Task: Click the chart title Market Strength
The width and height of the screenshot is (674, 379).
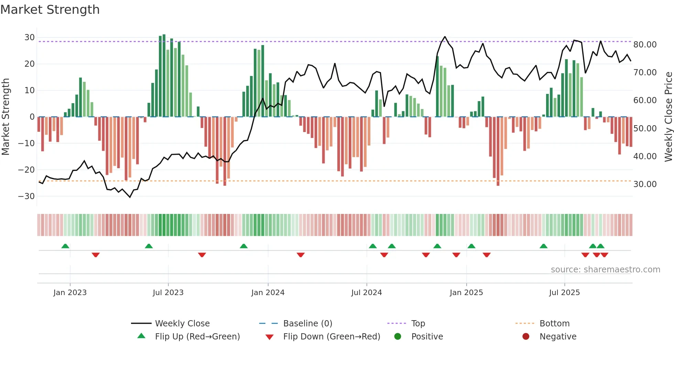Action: coord(50,10)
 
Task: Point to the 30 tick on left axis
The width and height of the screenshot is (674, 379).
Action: coord(30,37)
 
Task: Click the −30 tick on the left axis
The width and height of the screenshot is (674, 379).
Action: coord(26,196)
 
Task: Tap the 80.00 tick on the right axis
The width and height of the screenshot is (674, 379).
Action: coord(645,45)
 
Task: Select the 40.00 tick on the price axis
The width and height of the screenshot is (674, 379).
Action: coord(645,156)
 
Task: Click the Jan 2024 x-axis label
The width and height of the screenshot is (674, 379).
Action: coord(268,293)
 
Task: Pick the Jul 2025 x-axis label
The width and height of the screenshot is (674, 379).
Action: coord(564,293)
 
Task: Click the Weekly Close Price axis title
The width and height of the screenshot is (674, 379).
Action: coord(668,117)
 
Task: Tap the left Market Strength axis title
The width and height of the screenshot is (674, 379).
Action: coord(6,117)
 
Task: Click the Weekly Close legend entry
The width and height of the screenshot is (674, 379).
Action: coord(182,324)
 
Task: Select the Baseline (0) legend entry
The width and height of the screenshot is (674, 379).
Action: coord(307,324)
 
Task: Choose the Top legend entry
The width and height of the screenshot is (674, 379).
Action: coord(418,324)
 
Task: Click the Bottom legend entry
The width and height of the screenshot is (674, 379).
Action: coord(554,324)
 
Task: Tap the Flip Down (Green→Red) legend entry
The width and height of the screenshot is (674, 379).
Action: coord(331,337)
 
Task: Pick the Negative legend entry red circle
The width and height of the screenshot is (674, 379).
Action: coord(525,337)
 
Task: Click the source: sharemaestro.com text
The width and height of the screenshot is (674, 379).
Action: coord(605,270)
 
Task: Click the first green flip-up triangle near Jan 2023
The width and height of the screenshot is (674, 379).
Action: coord(65,246)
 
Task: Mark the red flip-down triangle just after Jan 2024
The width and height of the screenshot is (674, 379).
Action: coord(301,255)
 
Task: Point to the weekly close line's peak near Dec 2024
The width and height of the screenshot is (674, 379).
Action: coord(445,36)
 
